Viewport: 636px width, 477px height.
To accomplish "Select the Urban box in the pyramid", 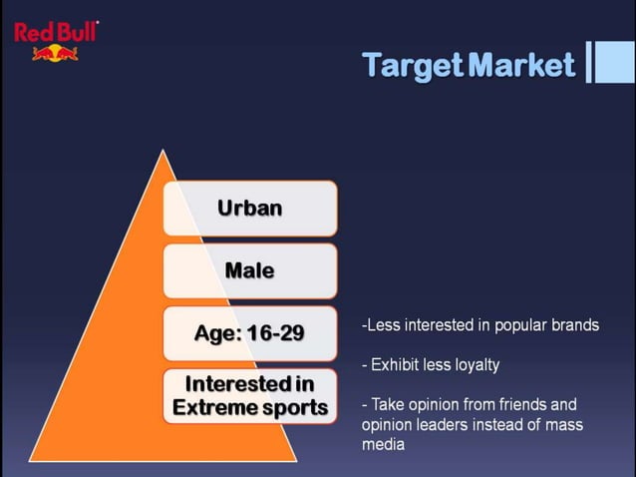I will coord(250,208).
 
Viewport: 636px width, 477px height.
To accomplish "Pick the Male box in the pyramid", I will coord(250,270).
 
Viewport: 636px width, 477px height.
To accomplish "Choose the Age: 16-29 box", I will coord(250,333).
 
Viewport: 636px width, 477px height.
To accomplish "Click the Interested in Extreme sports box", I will coord(250,395).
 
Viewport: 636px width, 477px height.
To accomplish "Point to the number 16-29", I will coord(274,333).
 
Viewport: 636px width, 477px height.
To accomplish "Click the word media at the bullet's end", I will coord(383,445).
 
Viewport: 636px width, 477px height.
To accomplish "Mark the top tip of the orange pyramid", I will coord(162,151).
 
